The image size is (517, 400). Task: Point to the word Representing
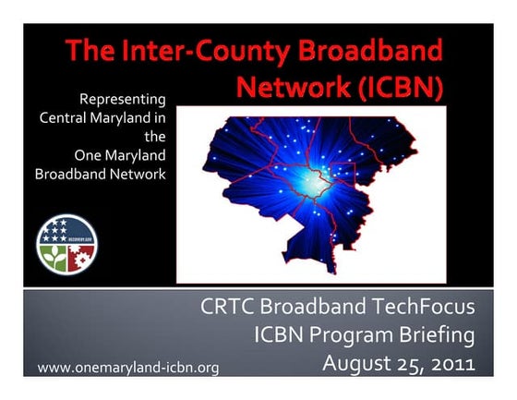[123, 98]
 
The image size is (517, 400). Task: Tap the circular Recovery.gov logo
[66, 243]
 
